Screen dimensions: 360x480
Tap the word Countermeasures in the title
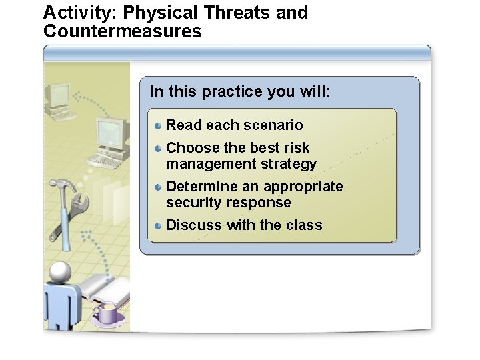[x=122, y=31]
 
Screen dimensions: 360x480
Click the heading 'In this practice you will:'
[x=240, y=91]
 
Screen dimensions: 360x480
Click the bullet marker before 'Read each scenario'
[x=158, y=125]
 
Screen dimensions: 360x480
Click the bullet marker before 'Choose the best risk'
[x=158, y=148]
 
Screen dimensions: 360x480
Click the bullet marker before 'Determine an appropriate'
[x=158, y=187]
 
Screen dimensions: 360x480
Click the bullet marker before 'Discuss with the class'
[x=158, y=225]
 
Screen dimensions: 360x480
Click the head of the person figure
[x=60, y=272]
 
